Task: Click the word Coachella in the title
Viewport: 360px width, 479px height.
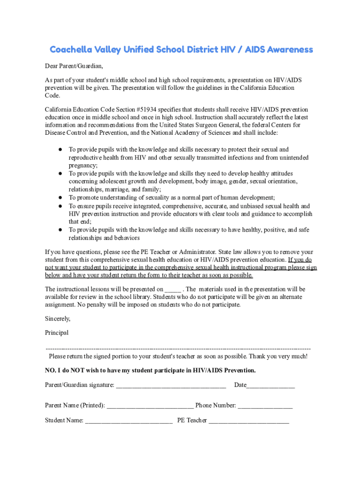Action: coord(72,50)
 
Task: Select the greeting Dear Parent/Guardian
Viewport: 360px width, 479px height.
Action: coord(73,65)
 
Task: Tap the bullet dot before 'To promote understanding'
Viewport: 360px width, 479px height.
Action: coord(61,198)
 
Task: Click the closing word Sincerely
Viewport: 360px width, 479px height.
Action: coord(58,319)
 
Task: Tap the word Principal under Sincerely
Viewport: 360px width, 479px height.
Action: coord(57,333)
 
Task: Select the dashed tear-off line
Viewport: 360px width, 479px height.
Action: coord(178,349)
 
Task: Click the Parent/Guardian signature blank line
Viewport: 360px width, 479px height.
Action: coord(171,386)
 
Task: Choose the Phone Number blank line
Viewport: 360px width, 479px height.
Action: coord(265,406)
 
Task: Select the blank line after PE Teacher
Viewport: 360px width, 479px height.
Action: coord(249,421)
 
